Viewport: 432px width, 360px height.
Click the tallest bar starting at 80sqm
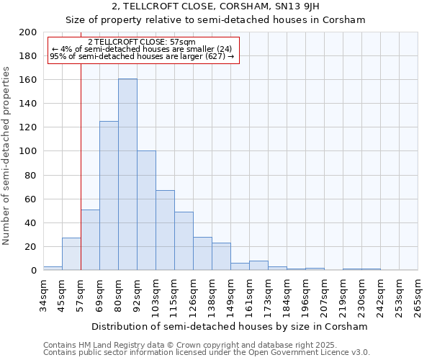(127, 174)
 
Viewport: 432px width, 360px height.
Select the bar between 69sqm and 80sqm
(109, 196)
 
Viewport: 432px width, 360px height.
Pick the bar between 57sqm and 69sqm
(90, 240)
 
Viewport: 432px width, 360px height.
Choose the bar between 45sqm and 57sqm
(71, 253)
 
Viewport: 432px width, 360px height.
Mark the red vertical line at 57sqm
(81, 166)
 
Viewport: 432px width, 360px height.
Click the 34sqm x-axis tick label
(43, 294)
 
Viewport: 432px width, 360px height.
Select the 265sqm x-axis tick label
(418, 297)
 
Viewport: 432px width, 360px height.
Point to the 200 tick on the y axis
(28, 32)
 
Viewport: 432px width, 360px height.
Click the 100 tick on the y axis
(28, 151)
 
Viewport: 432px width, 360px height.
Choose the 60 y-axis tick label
(31, 199)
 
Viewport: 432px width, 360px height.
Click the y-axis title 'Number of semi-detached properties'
(7, 156)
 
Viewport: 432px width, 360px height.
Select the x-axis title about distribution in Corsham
(230, 326)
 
